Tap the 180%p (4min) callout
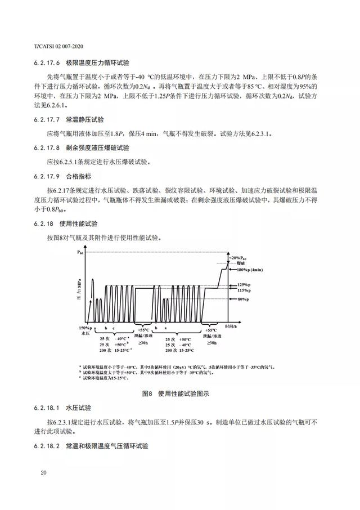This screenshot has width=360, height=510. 251,270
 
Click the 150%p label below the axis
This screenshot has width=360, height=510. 83,329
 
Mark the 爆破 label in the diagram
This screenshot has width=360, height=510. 240,263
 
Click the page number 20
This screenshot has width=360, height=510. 43,472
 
